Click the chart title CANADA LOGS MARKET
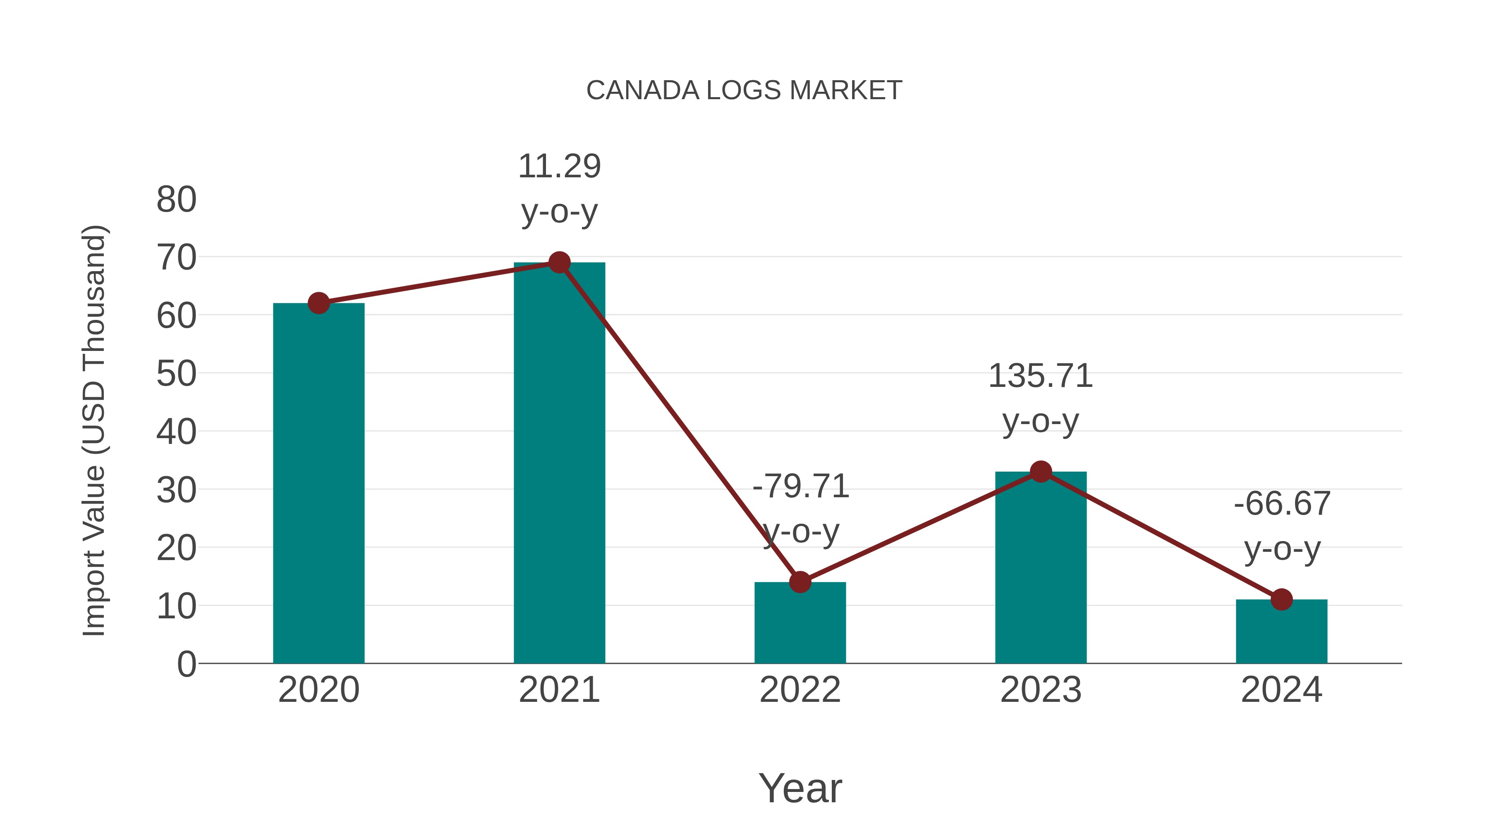[744, 91]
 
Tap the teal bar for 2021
[559, 462]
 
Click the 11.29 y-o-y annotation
[559, 188]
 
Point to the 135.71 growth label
[1041, 398]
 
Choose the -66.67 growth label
[1281, 526]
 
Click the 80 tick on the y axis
[176, 200]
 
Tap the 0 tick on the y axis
[186, 664]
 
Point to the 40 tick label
[176, 432]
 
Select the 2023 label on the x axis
[1041, 690]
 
